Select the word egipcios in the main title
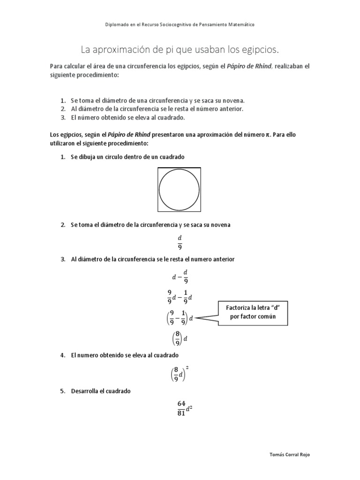click(260, 49)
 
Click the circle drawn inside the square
click(180, 190)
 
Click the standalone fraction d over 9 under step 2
click(180, 242)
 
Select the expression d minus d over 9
click(180, 277)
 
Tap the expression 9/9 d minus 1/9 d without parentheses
click(180, 297)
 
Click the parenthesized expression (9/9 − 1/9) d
click(180, 318)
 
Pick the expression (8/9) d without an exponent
click(180, 338)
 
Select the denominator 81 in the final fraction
click(181, 413)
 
